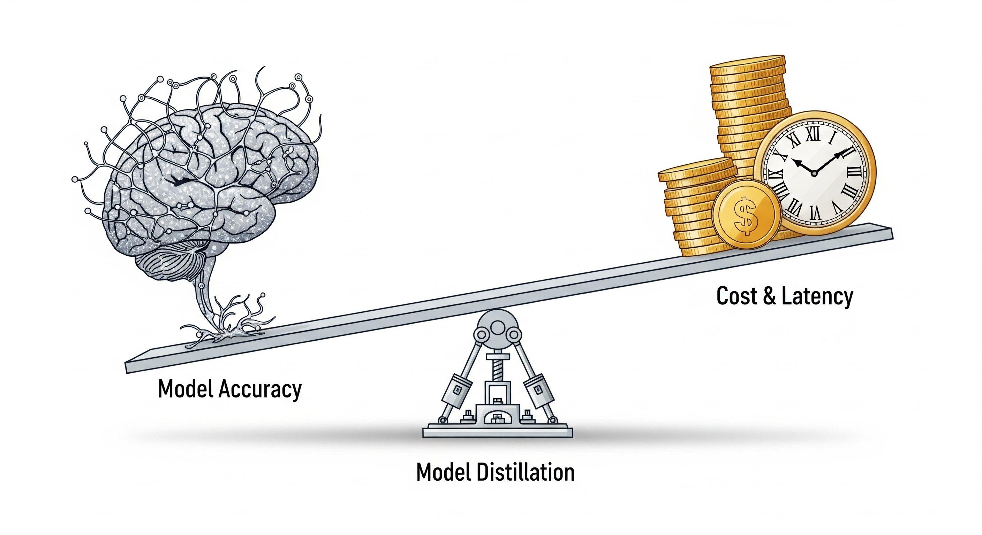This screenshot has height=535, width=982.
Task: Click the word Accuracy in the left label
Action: [260, 389]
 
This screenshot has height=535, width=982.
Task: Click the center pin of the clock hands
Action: [814, 173]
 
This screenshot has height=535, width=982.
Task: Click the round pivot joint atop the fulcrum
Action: [497, 327]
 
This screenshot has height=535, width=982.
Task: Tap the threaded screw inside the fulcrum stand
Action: [497, 369]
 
